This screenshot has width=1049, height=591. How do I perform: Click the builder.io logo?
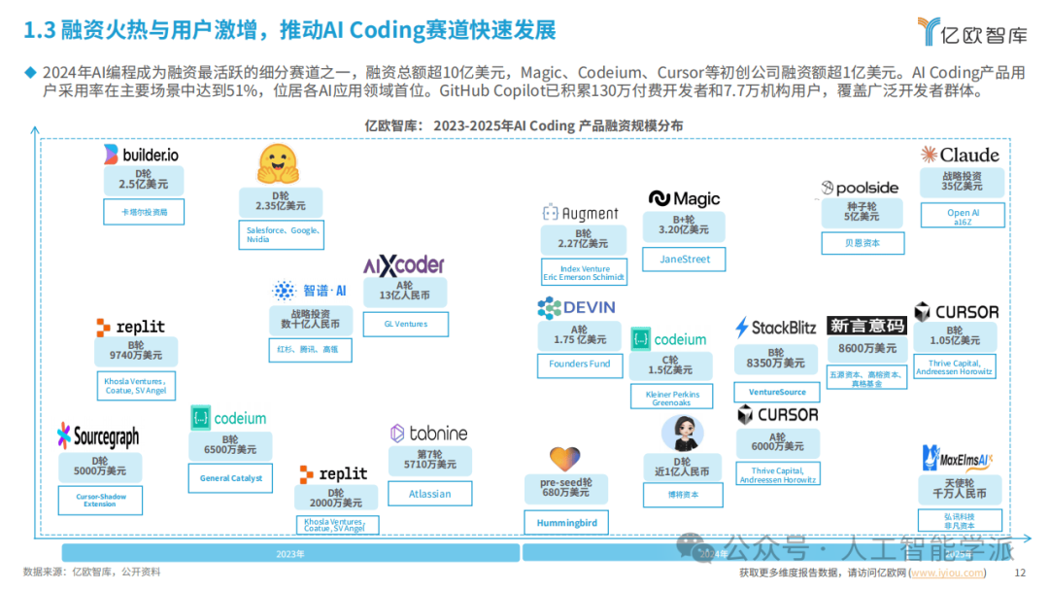coord(141,154)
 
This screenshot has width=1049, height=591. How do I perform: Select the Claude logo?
coord(960,155)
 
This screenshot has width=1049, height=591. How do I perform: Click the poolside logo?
coord(860,188)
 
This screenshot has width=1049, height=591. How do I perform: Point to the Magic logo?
coord(684,198)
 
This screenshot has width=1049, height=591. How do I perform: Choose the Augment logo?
coord(580,213)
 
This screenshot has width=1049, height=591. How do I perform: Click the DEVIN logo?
coord(576,307)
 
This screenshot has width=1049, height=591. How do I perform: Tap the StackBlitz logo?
coord(775,328)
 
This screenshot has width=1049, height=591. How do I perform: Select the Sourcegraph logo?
coord(98,436)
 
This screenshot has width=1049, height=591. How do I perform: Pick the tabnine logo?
coord(428,433)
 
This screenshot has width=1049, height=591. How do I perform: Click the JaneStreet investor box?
coord(685,260)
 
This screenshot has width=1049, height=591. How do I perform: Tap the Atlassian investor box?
coord(429,494)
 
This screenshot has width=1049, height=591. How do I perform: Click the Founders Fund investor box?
coord(580,365)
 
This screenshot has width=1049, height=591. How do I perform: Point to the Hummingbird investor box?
coord(566,523)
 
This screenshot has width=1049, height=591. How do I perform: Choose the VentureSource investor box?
coord(777,392)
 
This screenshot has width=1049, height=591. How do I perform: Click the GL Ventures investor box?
coord(405,324)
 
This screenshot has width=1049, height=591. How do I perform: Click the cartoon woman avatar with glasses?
coord(682,434)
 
